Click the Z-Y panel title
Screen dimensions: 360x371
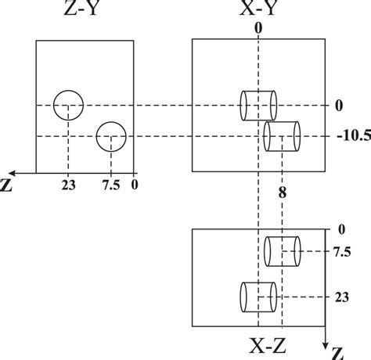(x=85, y=11)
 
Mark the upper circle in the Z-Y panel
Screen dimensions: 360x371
(x=68, y=105)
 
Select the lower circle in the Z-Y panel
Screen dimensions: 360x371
(x=111, y=137)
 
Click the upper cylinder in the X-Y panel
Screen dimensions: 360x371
(x=258, y=105)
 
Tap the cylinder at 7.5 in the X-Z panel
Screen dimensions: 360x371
(x=282, y=251)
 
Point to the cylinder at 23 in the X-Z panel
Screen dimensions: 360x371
(x=258, y=296)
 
